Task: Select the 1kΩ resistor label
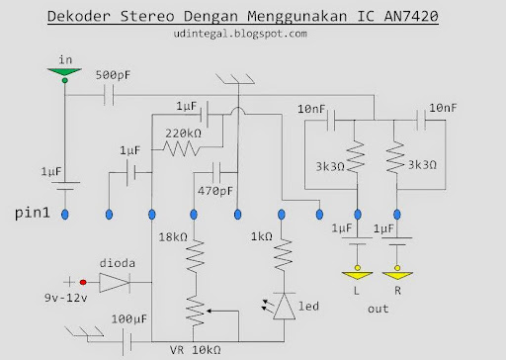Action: click(x=262, y=238)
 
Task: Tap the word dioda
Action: click(x=118, y=264)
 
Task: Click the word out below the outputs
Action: click(x=378, y=310)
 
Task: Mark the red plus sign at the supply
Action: click(x=69, y=282)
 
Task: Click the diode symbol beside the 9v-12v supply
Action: click(x=116, y=283)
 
